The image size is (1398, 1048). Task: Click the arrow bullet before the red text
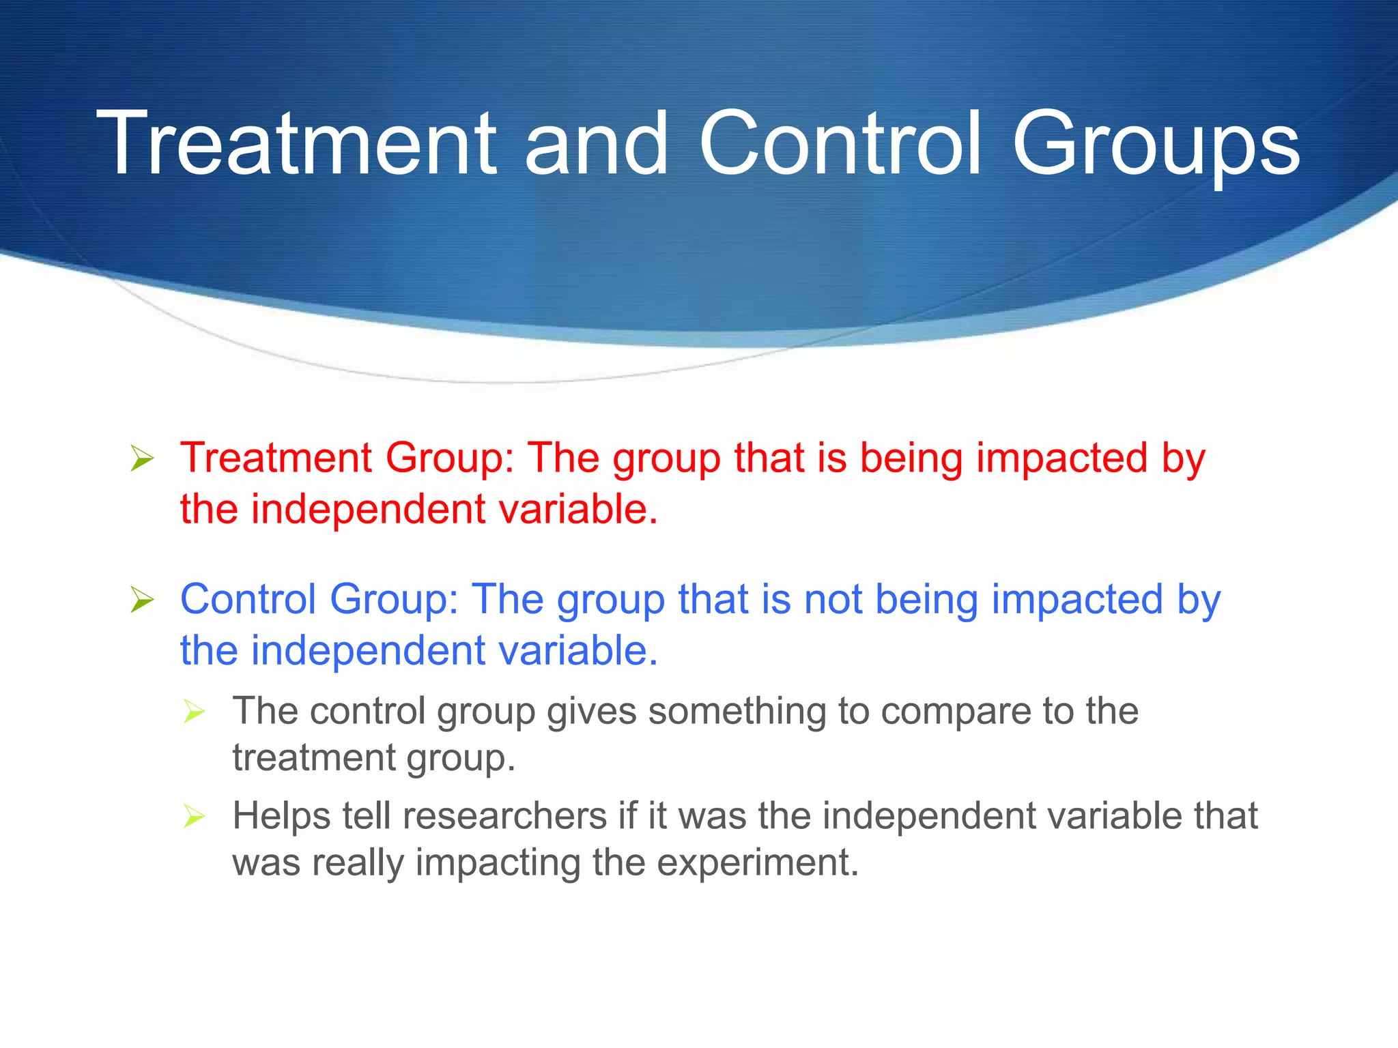pos(142,458)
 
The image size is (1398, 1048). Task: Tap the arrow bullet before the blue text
pos(142,600)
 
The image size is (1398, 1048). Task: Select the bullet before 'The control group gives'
pos(195,712)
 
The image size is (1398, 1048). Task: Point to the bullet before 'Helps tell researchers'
pos(195,816)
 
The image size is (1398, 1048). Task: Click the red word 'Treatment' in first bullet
pos(276,457)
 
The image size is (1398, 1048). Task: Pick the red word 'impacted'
pos(1062,458)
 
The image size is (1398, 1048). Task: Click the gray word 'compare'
pos(956,712)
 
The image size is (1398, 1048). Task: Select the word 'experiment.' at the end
pos(758,862)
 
